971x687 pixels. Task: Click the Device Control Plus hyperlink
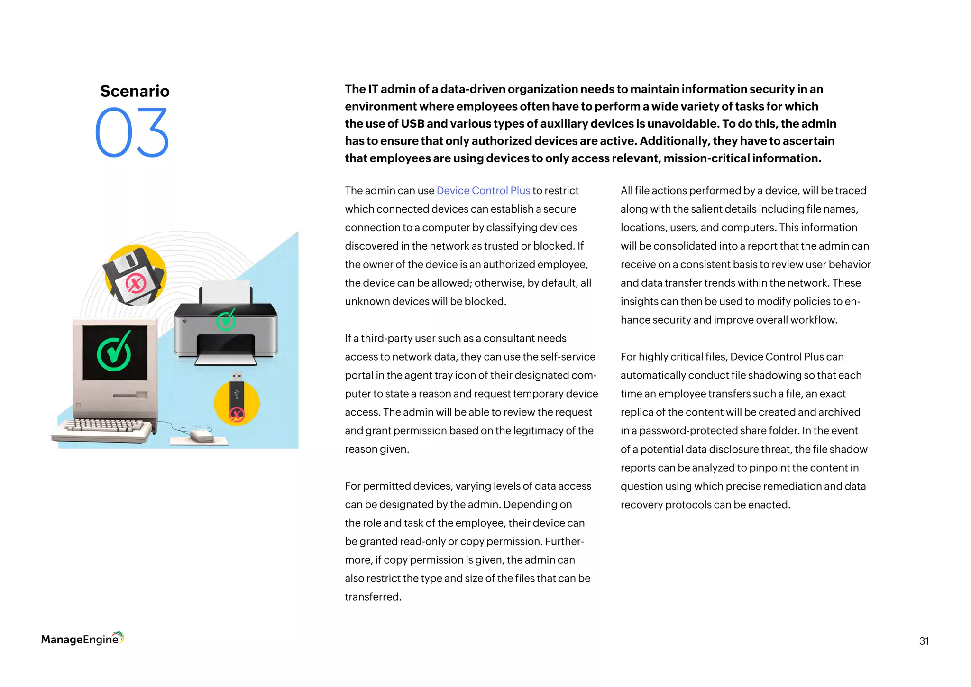point(483,191)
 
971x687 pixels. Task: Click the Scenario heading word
point(135,91)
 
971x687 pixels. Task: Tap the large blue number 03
point(132,133)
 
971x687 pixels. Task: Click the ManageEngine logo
point(82,639)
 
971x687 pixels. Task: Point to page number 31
point(924,641)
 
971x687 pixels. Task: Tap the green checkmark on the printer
point(226,320)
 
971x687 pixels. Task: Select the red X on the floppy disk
point(136,284)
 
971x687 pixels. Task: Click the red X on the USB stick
point(237,414)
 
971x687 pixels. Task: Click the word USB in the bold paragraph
point(412,124)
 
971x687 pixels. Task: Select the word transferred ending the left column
point(372,597)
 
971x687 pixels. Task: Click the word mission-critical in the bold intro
point(706,158)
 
